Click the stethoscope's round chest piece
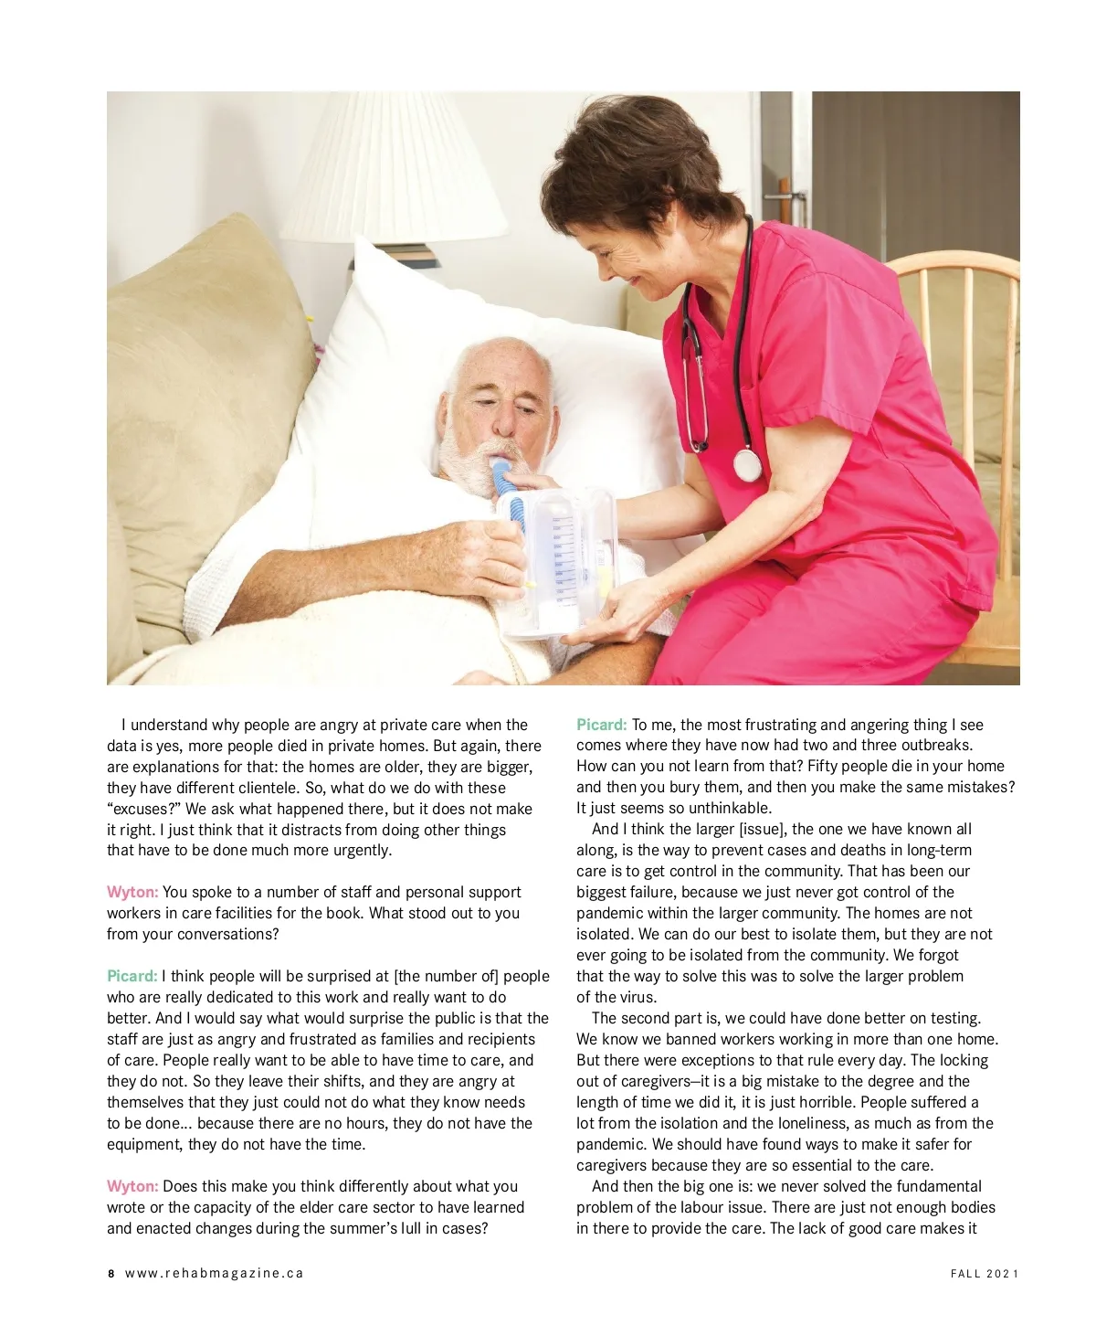(746, 465)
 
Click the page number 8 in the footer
(111, 1273)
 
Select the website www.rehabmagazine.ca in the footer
(214, 1273)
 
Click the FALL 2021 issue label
(984, 1273)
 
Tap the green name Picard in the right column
(601, 725)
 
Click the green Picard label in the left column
(132, 976)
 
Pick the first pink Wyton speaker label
(132, 892)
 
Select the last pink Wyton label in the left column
(132, 1186)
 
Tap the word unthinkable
(725, 808)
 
